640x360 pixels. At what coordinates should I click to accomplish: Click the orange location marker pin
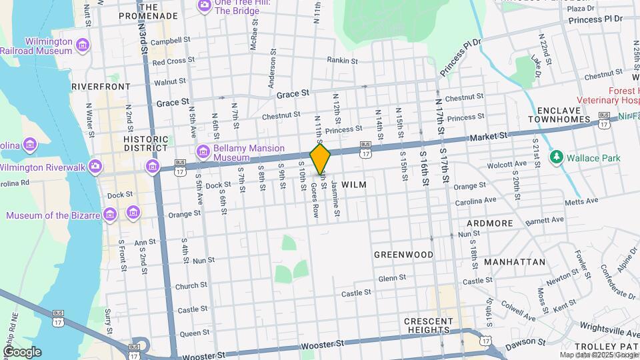pyautogui.click(x=320, y=159)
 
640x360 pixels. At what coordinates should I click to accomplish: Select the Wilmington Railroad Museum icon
pyautogui.click(x=83, y=45)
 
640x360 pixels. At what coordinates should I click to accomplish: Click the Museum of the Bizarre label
pyautogui.click(x=53, y=215)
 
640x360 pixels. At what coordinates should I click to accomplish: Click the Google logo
pyautogui.click(x=21, y=352)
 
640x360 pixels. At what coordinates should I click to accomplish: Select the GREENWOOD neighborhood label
pyautogui.click(x=403, y=255)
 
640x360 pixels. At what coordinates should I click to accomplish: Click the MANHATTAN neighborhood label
pyautogui.click(x=515, y=262)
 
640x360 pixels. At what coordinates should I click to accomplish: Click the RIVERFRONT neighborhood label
pyautogui.click(x=101, y=87)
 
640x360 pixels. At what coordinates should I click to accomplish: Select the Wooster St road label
pyautogui.click(x=321, y=345)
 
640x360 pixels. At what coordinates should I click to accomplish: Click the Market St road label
pyautogui.click(x=489, y=135)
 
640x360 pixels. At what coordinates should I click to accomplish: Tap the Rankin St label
pyautogui.click(x=343, y=60)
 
